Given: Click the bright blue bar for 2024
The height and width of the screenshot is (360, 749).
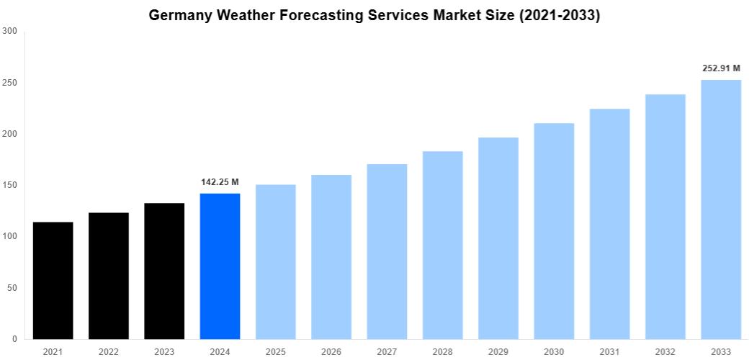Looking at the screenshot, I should (x=220, y=266).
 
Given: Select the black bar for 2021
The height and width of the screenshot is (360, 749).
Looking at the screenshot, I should (x=53, y=281).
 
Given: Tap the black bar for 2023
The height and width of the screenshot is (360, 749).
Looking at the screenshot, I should (x=164, y=271).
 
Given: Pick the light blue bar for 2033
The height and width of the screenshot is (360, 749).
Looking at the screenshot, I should (x=721, y=209).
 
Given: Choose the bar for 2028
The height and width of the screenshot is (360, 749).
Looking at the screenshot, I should (x=442, y=245).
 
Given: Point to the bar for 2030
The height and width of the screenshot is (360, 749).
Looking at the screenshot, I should (x=554, y=230).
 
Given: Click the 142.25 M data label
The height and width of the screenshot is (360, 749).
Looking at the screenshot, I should (x=220, y=182).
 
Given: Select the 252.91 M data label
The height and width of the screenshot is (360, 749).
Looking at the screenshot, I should (x=721, y=68).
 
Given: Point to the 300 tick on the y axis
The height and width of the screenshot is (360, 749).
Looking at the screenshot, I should (x=10, y=32).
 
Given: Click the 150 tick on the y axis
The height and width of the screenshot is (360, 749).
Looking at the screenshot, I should (x=10, y=185).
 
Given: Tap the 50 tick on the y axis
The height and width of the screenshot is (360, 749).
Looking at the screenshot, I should (x=12, y=288).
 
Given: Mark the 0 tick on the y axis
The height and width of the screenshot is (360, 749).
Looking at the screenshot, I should (x=15, y=339).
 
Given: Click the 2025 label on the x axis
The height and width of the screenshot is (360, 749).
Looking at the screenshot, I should (x=275, y=351).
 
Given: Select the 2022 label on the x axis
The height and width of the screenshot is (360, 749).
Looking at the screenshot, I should (x=108, y=351).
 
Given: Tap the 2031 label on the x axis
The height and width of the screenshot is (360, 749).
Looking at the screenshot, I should (x=609, y=351).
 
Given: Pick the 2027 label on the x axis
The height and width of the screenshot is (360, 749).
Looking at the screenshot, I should (x=387, y=351).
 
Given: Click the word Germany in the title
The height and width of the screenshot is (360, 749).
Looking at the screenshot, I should (x=179, y=15).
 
